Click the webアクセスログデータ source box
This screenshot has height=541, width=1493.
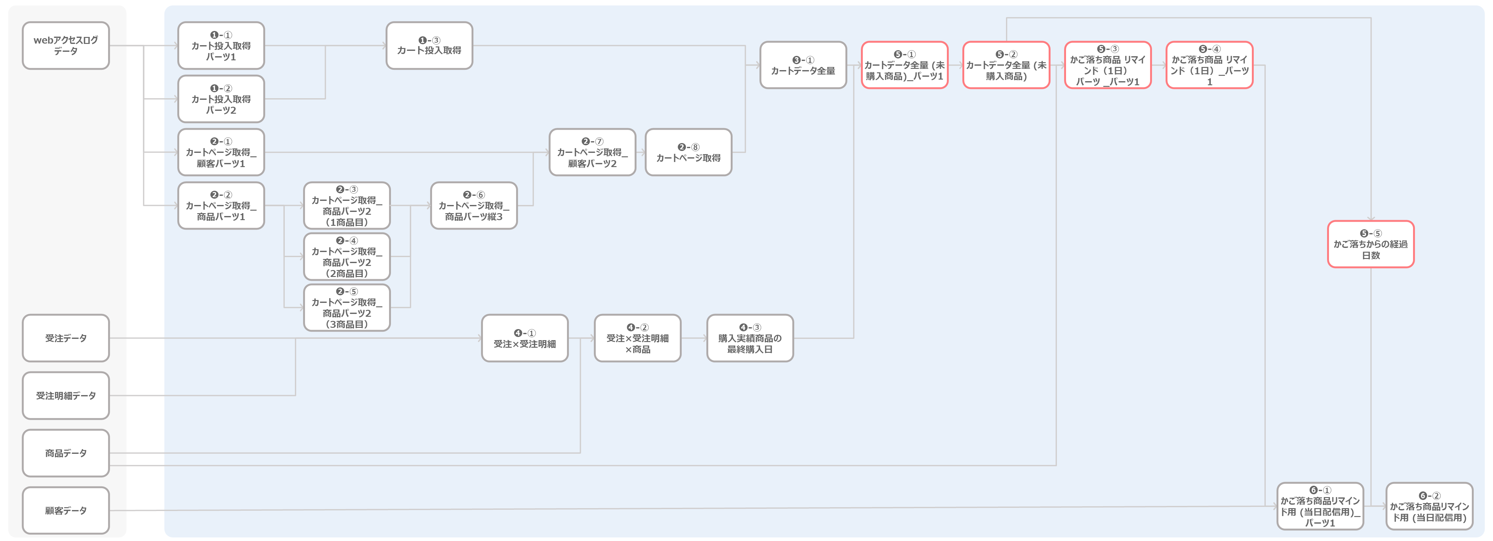[x=65, y=46]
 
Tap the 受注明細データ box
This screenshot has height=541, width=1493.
[x=65, y=396]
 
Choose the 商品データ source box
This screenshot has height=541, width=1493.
[x=65, y=453]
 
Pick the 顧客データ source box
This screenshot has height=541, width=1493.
[x=65, y=510]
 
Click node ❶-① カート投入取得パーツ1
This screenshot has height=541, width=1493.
[x=221, y=46]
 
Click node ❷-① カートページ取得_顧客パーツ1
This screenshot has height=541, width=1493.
[x=221, y=152]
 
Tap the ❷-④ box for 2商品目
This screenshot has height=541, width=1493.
[x=347, y=256]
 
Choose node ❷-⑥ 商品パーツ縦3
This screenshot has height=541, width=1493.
[x=473, y=206]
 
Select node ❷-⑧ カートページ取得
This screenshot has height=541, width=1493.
[x=689, y=152]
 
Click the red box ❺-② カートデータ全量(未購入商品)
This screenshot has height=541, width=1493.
[x=1006, y=65]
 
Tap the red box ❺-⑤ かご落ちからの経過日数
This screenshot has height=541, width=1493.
[x=1371, y=244]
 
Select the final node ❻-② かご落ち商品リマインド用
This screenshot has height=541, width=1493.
[x=1429, y=506]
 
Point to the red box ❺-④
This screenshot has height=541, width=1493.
[x=1210, y=65]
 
